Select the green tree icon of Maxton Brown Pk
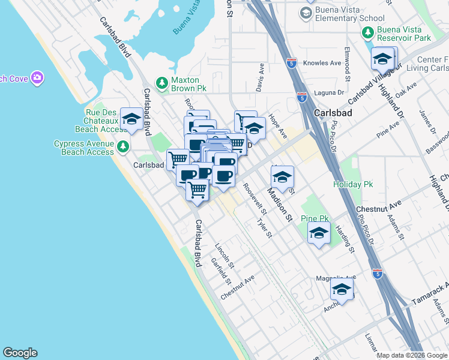[160, 82]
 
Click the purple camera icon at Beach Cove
[37, 77]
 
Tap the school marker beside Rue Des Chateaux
[131, 120]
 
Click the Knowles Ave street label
[322, 63]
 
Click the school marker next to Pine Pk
[319, 234]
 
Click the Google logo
[20, 353]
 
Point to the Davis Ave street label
[261, 78]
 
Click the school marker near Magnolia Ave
[342, 290]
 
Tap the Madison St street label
[280, 204]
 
